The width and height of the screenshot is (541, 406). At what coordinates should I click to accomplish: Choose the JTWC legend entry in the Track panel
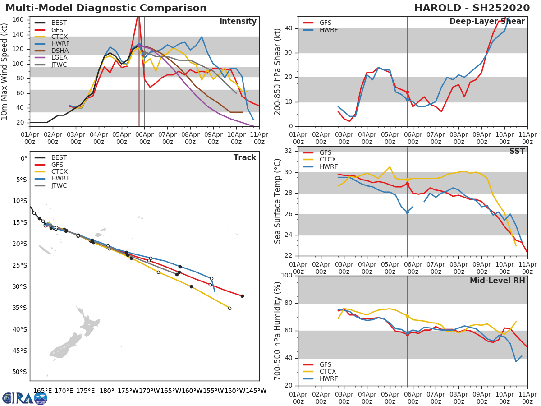coord(59,185)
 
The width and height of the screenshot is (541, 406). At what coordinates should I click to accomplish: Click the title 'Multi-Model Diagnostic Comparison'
coord(106,8)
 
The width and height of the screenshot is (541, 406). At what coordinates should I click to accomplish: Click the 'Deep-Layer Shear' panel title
coord(487,22)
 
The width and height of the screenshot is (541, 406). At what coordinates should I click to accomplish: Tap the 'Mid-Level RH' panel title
coord(497,281)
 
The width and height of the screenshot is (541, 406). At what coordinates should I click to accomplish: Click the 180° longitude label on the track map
coord(107,391)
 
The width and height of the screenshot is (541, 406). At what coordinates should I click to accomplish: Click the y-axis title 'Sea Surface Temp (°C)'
coord(278,201)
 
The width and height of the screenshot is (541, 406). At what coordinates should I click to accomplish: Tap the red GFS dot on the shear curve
coord(407,92)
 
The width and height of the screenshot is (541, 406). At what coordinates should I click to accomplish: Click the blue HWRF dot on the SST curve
coord(407,212)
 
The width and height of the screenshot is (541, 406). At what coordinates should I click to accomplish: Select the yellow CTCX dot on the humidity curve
coord(407,316)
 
